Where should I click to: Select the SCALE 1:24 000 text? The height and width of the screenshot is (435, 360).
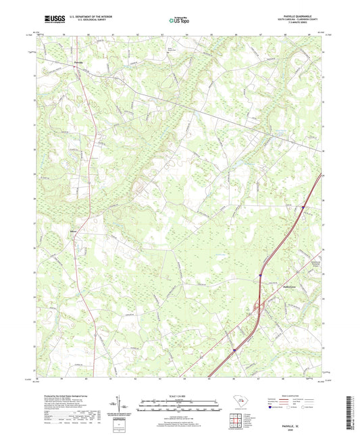click(x=179, y=396)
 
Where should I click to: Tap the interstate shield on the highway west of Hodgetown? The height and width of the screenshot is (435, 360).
click(x=260, y=275)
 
